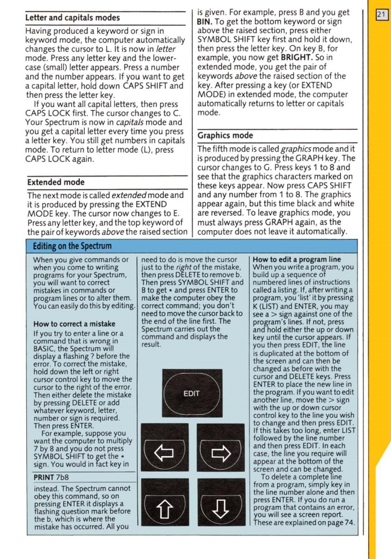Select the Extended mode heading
point(56,182)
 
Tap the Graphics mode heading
point(226,135)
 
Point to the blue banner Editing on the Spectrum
point(73,247)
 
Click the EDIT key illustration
point(192,394)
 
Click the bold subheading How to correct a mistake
point(74,324)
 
